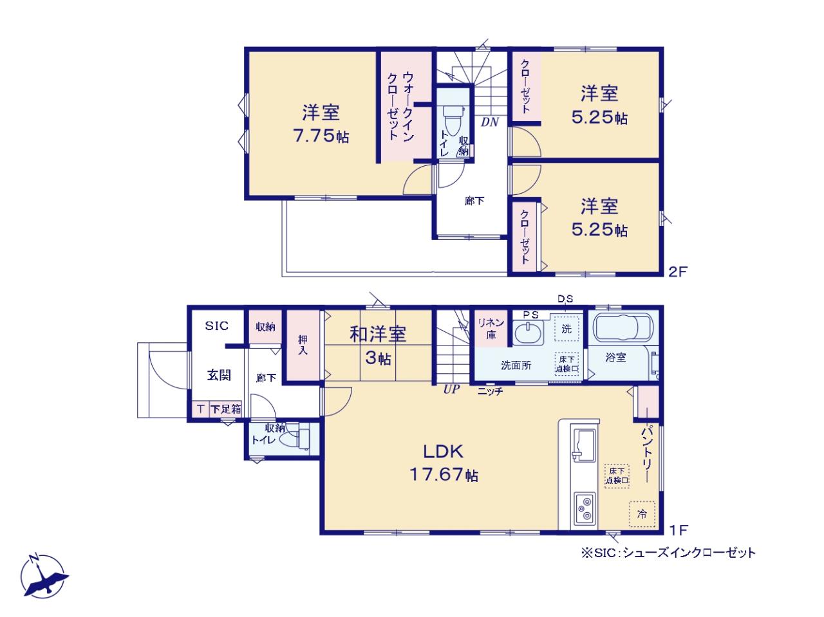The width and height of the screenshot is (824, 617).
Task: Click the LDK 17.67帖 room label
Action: pos(443,463)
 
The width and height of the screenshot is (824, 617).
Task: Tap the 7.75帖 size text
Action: pos(321,136)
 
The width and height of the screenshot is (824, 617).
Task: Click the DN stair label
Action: pos(490,122)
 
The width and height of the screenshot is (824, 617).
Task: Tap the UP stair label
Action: pos(451,389)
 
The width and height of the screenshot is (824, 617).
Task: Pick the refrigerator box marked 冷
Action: pos(642,514)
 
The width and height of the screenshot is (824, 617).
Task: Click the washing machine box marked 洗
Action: pos(566,329)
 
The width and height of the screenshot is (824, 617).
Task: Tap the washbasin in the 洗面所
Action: pos(527,333)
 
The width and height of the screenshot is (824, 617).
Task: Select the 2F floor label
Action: pos(678,272)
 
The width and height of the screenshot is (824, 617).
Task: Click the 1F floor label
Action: pos(679,530)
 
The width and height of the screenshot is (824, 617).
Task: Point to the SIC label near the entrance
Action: pos(216,326)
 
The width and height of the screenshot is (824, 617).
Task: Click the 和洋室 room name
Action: pos(378,334)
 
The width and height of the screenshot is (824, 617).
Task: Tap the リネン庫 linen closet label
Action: pos(491,328)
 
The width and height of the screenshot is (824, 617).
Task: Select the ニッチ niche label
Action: pos(490,392)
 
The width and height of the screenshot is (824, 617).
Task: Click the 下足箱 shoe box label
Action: pos(225,409)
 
